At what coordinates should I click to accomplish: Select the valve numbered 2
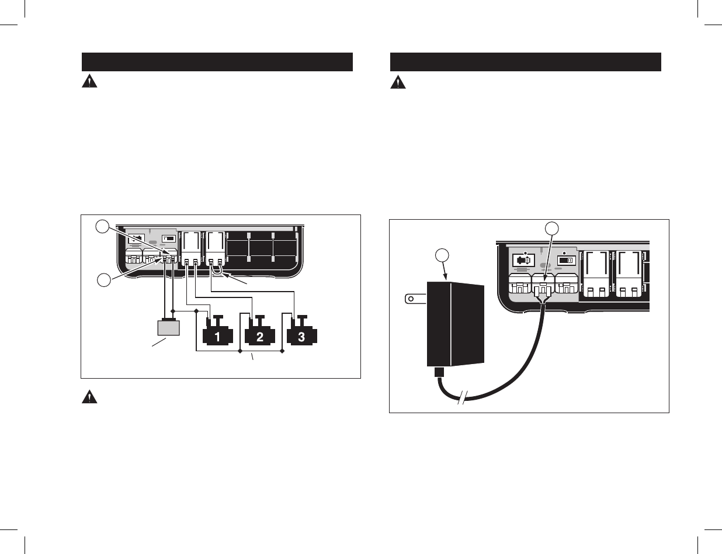(x=259, y=337)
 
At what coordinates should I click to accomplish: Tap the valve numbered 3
(x=301, y=337)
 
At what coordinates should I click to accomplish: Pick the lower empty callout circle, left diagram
(x=103, y=281)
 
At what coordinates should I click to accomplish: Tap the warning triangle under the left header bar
(x=88, y=82)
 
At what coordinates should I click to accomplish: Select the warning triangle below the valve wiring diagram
(x=88, y=397)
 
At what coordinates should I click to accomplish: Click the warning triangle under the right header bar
(x=397, y=82)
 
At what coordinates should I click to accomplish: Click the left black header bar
(x=217, y=62)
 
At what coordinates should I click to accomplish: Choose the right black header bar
(x=526, y=62)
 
